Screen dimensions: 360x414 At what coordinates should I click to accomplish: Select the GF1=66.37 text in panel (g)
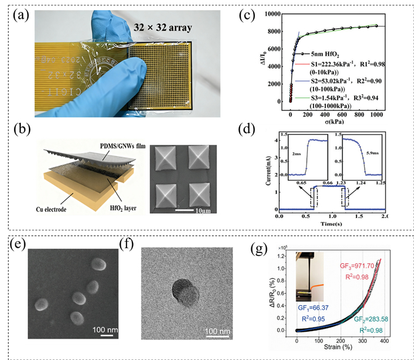coord(312,309)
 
